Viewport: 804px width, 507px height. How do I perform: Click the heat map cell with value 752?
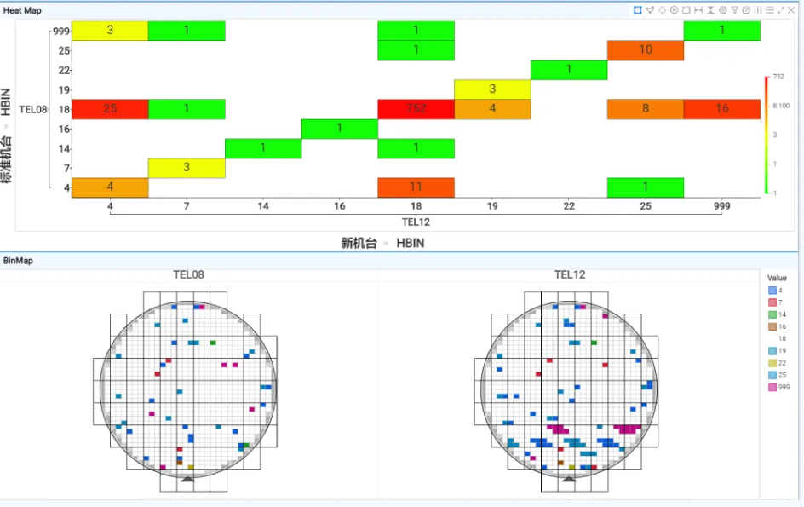pos(416,109)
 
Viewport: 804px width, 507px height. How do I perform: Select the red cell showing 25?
pos(110,109)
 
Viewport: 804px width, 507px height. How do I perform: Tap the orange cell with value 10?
pos(645,50)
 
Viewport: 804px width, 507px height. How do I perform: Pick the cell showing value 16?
pos(721,109)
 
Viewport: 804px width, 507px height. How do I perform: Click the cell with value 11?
pos(416,187)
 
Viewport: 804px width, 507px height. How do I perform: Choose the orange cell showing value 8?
pos(645,109)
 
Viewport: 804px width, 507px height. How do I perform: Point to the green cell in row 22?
pos(568,70)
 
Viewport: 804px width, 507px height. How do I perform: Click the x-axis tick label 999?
pos(722,207)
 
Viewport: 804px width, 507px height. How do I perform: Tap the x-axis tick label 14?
pos(263,207)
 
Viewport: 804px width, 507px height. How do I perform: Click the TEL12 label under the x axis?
pos(416,222)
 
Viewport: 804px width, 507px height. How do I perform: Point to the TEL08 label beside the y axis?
pos(32,109)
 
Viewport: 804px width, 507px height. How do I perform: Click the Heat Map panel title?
pos(22,9)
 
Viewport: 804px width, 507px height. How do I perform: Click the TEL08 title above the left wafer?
pos(188,275)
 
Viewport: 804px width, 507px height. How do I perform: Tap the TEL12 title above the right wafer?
pos(570,275)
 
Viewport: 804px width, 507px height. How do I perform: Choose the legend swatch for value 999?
pos(772,388)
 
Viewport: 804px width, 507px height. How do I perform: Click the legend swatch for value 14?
pos(772,314)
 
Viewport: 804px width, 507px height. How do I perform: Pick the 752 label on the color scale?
pos(778,78)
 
